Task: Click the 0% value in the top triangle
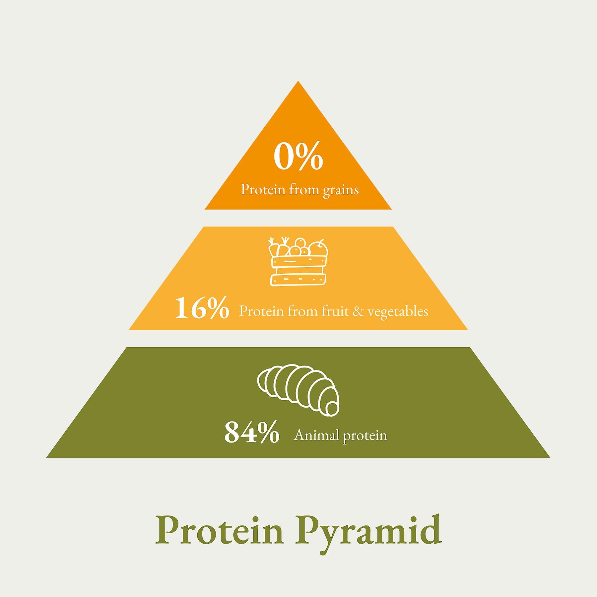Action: pos(298,156)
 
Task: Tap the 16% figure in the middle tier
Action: pos(202,308)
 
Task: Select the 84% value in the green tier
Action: pos(252,432)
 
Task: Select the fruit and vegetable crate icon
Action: pos(298,261)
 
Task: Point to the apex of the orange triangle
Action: pos(298,81)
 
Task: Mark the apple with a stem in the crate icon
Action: pos(318,248)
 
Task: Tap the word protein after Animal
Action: pos(365,436)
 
